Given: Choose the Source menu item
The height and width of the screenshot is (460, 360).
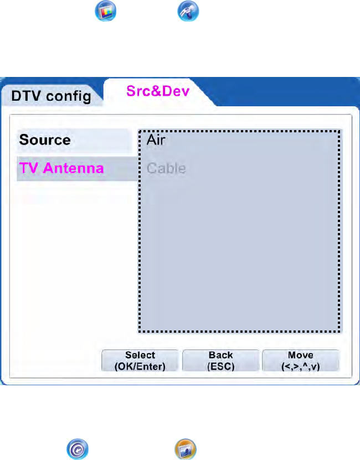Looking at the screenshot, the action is coord(45,140).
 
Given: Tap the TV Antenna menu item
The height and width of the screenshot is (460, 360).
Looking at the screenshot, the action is coord(61,167).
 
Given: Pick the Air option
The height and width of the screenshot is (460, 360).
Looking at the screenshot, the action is coord(156,139).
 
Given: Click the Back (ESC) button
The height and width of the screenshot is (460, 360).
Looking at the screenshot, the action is coord(220,360).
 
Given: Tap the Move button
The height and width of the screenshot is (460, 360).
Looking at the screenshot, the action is coord(300,360).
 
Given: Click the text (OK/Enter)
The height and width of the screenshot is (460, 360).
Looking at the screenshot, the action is coord(140,366).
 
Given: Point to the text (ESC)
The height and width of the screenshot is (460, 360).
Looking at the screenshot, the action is coord(220,366).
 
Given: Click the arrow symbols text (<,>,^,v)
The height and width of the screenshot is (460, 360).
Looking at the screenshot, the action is coord(300,366).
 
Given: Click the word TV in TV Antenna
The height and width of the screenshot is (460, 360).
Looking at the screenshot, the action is coord(28,167).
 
